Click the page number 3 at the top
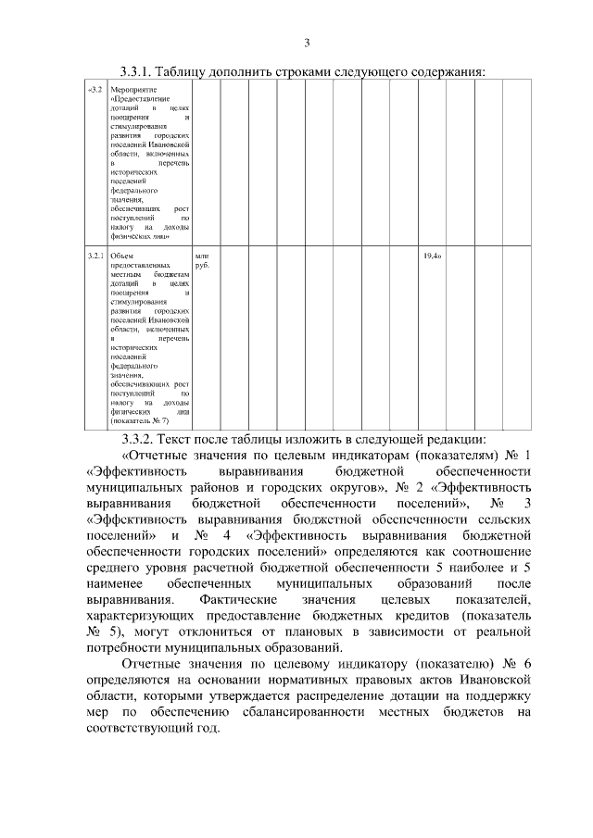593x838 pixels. (307, 41)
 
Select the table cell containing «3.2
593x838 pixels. (95, 90)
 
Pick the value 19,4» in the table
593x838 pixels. (431, 255)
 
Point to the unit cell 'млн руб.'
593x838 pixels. (203, 260)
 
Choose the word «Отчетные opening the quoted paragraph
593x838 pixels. (158, 456)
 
